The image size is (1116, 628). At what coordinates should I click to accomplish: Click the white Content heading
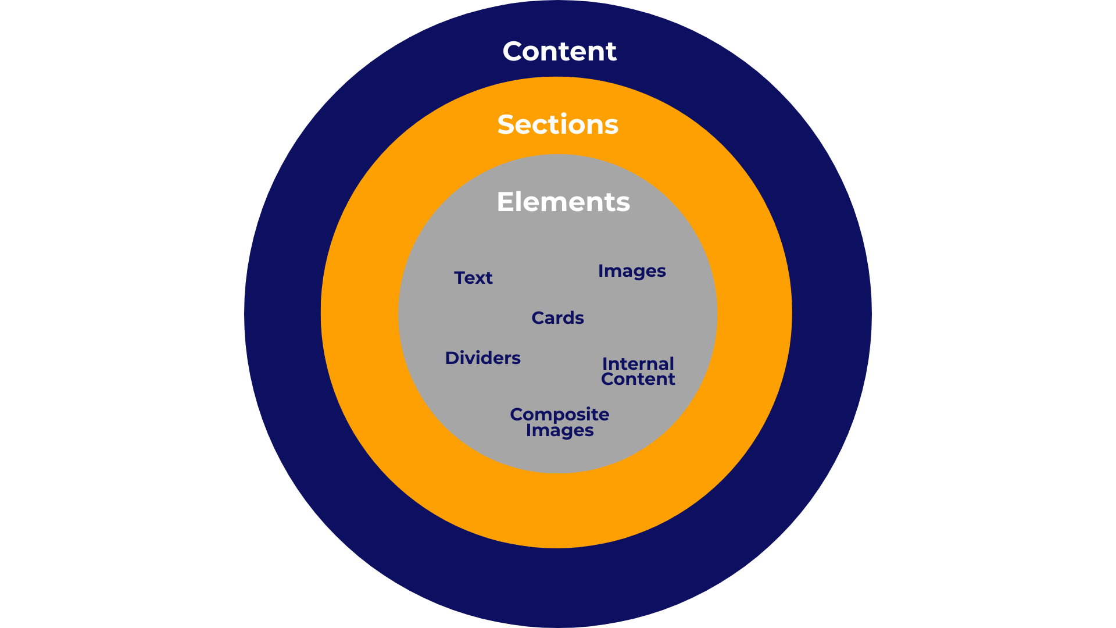(x=559, y=51)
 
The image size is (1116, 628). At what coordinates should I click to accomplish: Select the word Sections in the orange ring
(x=557, y=124)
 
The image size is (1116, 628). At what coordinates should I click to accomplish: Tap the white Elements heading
(x=563, y=202)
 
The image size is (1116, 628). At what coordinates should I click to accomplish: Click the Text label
(x=473, y=278)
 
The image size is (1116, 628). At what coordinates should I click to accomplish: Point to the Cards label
(x=557, y=318)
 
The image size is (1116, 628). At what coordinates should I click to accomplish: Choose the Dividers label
(x=482, y=358)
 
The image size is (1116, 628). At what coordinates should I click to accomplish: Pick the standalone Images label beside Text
(x=632, y=272)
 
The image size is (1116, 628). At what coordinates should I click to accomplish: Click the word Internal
(x=638, y=364)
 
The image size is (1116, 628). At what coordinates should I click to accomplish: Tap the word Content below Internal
(x=638, y=379)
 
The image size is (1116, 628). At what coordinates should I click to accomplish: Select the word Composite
(x=559, y=415)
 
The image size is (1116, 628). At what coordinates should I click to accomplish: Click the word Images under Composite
(x=559, y=431)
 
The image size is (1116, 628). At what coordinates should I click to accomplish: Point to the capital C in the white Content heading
(x=514, y=51)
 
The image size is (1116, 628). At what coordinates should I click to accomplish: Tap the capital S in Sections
(x=507, y=125)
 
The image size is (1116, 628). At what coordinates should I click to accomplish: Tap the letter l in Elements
(x=521, y=201)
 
